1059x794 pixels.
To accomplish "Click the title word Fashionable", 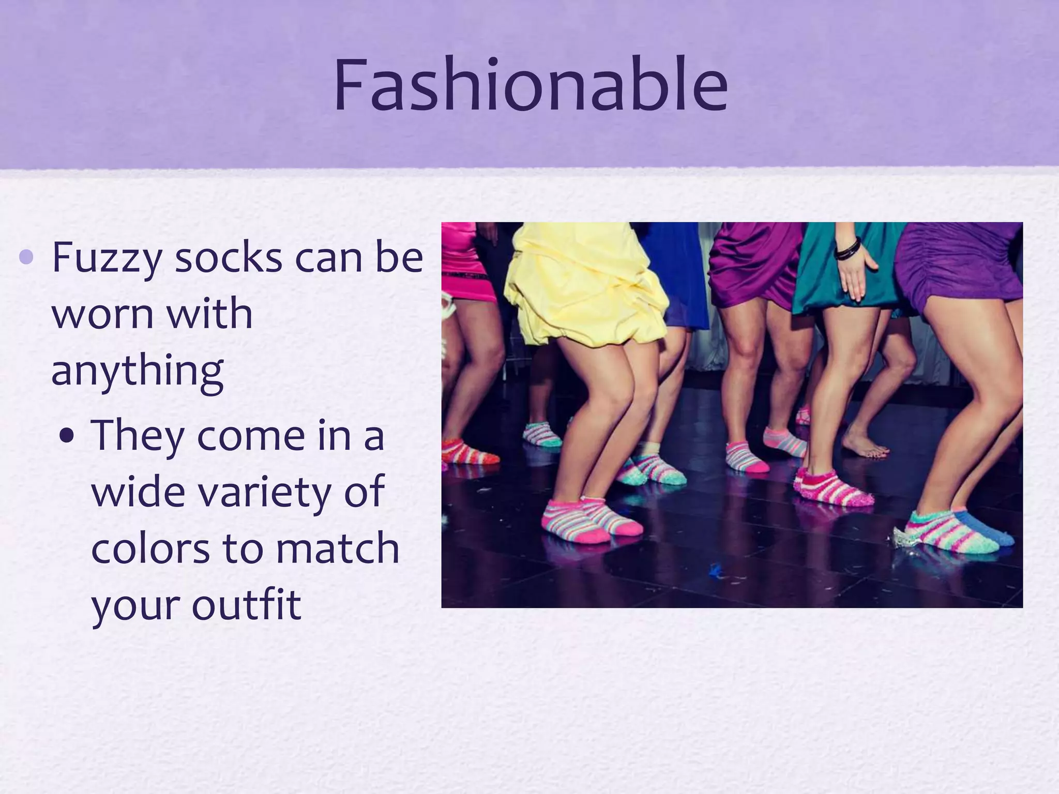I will click(x=531, y=86).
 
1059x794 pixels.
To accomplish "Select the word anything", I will click(x=138, y=371).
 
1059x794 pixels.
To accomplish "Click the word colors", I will click(x=150, y=548).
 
